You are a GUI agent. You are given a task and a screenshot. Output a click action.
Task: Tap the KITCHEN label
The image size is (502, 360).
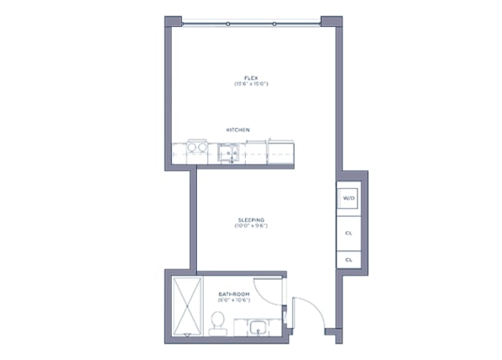(238, 130)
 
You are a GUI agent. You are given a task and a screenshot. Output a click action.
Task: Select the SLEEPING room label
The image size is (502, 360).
(250, 219)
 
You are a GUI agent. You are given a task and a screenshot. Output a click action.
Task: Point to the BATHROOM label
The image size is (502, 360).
(234, 295)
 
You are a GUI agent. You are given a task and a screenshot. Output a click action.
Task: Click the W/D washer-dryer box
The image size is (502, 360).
(349, 199)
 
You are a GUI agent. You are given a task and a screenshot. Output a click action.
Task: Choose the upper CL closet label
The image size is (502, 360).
(349, 233)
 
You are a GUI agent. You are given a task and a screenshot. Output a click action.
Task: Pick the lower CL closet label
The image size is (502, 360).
(349, 260)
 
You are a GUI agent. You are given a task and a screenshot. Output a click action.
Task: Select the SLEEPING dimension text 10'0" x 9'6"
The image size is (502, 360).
(250, 226)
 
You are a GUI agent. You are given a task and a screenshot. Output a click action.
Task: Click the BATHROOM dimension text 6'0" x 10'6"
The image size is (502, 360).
(234, 302)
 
